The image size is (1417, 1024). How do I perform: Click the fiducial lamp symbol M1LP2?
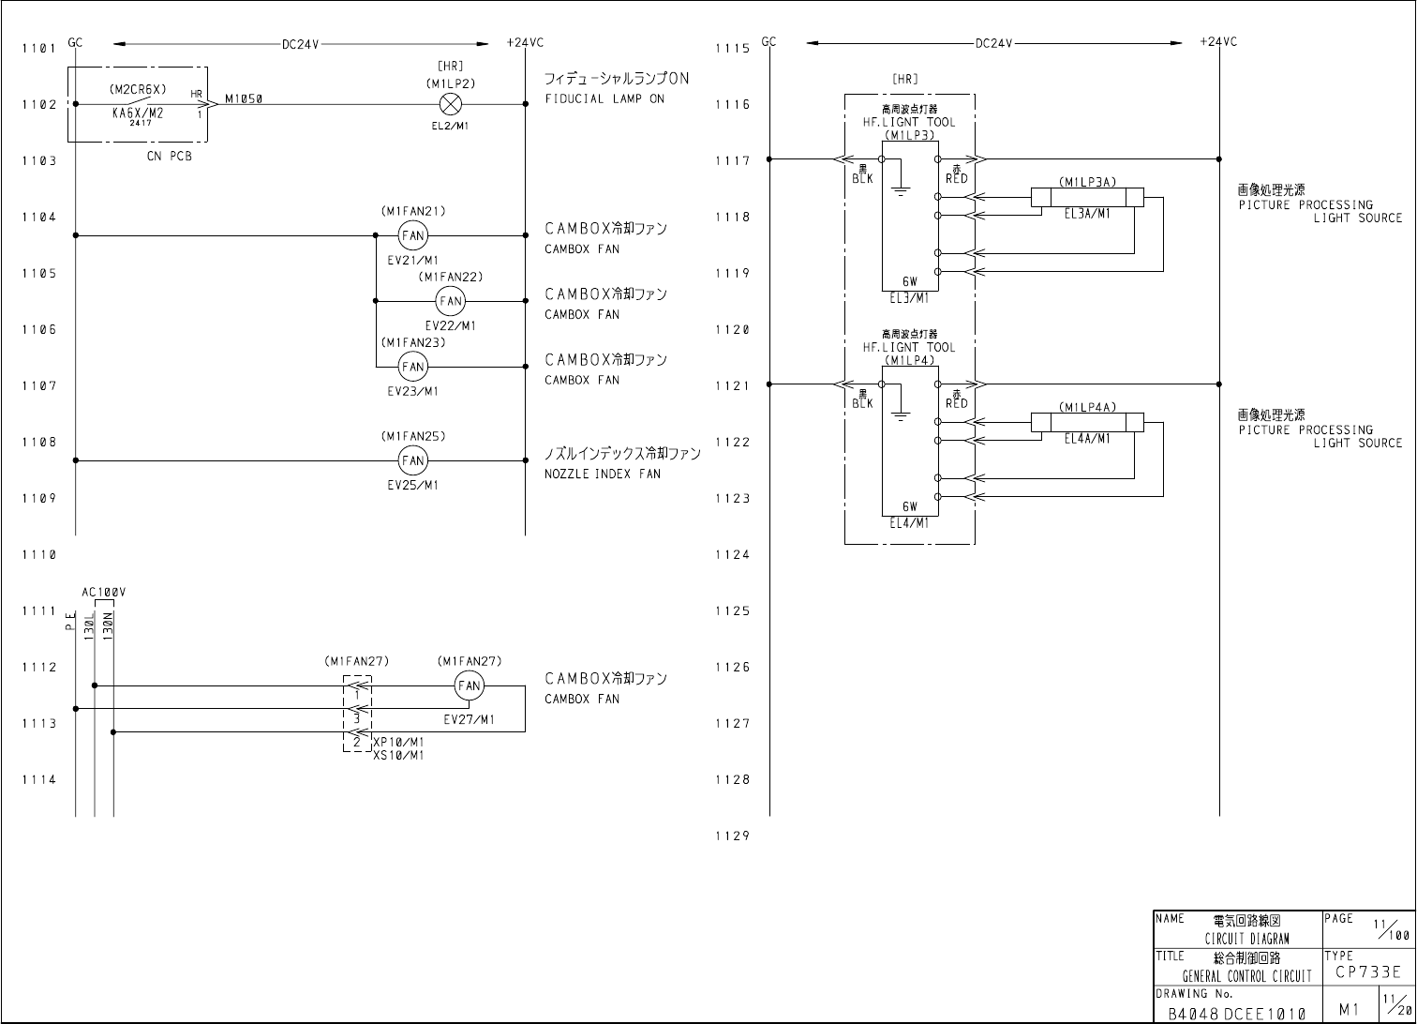(450, 104)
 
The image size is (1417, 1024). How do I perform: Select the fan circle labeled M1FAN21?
(412, 235)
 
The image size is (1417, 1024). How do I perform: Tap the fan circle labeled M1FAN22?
(450, 301)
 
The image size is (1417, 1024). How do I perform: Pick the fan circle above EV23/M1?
(412, 367)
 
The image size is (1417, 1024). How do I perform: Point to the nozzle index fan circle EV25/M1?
(412, 460)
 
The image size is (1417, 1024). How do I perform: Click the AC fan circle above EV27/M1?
(469, 685)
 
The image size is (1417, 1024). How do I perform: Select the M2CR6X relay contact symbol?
(137, 102)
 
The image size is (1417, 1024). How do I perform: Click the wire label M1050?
(244, 98)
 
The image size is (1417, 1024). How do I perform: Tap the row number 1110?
(39, 555)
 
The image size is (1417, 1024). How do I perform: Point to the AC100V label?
(104, 593)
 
